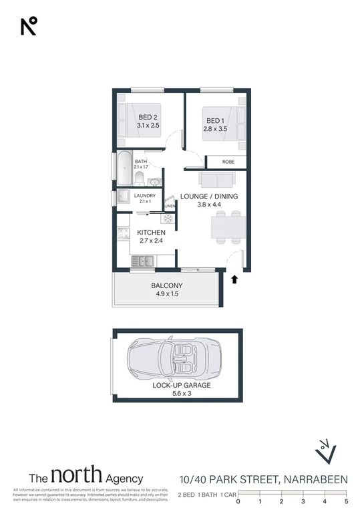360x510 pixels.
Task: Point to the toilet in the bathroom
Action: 139,177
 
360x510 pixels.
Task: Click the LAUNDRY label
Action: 145,196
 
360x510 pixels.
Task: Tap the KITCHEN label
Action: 152,232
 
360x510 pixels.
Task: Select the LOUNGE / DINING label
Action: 209,197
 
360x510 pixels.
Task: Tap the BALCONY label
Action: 166,286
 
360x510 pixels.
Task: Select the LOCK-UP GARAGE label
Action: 182,386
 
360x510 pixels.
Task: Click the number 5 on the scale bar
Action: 346,501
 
